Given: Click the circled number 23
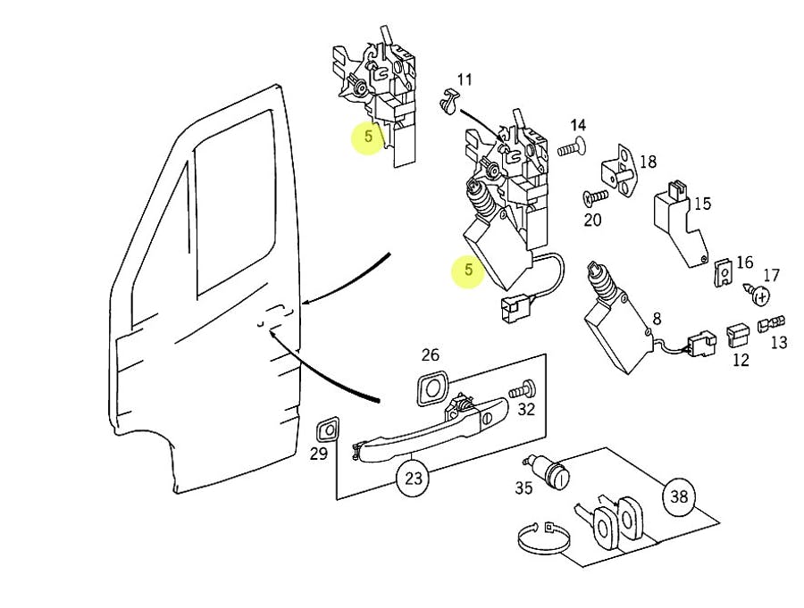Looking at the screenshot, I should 413,478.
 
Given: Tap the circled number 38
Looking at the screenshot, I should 679,496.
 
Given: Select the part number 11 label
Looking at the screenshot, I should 465,80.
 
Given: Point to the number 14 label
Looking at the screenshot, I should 578,125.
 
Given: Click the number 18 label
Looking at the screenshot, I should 648,162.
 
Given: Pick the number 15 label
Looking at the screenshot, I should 702,204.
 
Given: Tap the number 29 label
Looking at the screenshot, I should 319,454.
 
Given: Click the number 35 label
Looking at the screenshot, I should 523,487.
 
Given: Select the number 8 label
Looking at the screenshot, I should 657,319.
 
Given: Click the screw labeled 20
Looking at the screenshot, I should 595,195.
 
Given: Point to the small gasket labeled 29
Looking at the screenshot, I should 327,429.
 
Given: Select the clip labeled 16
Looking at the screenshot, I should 724,270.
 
